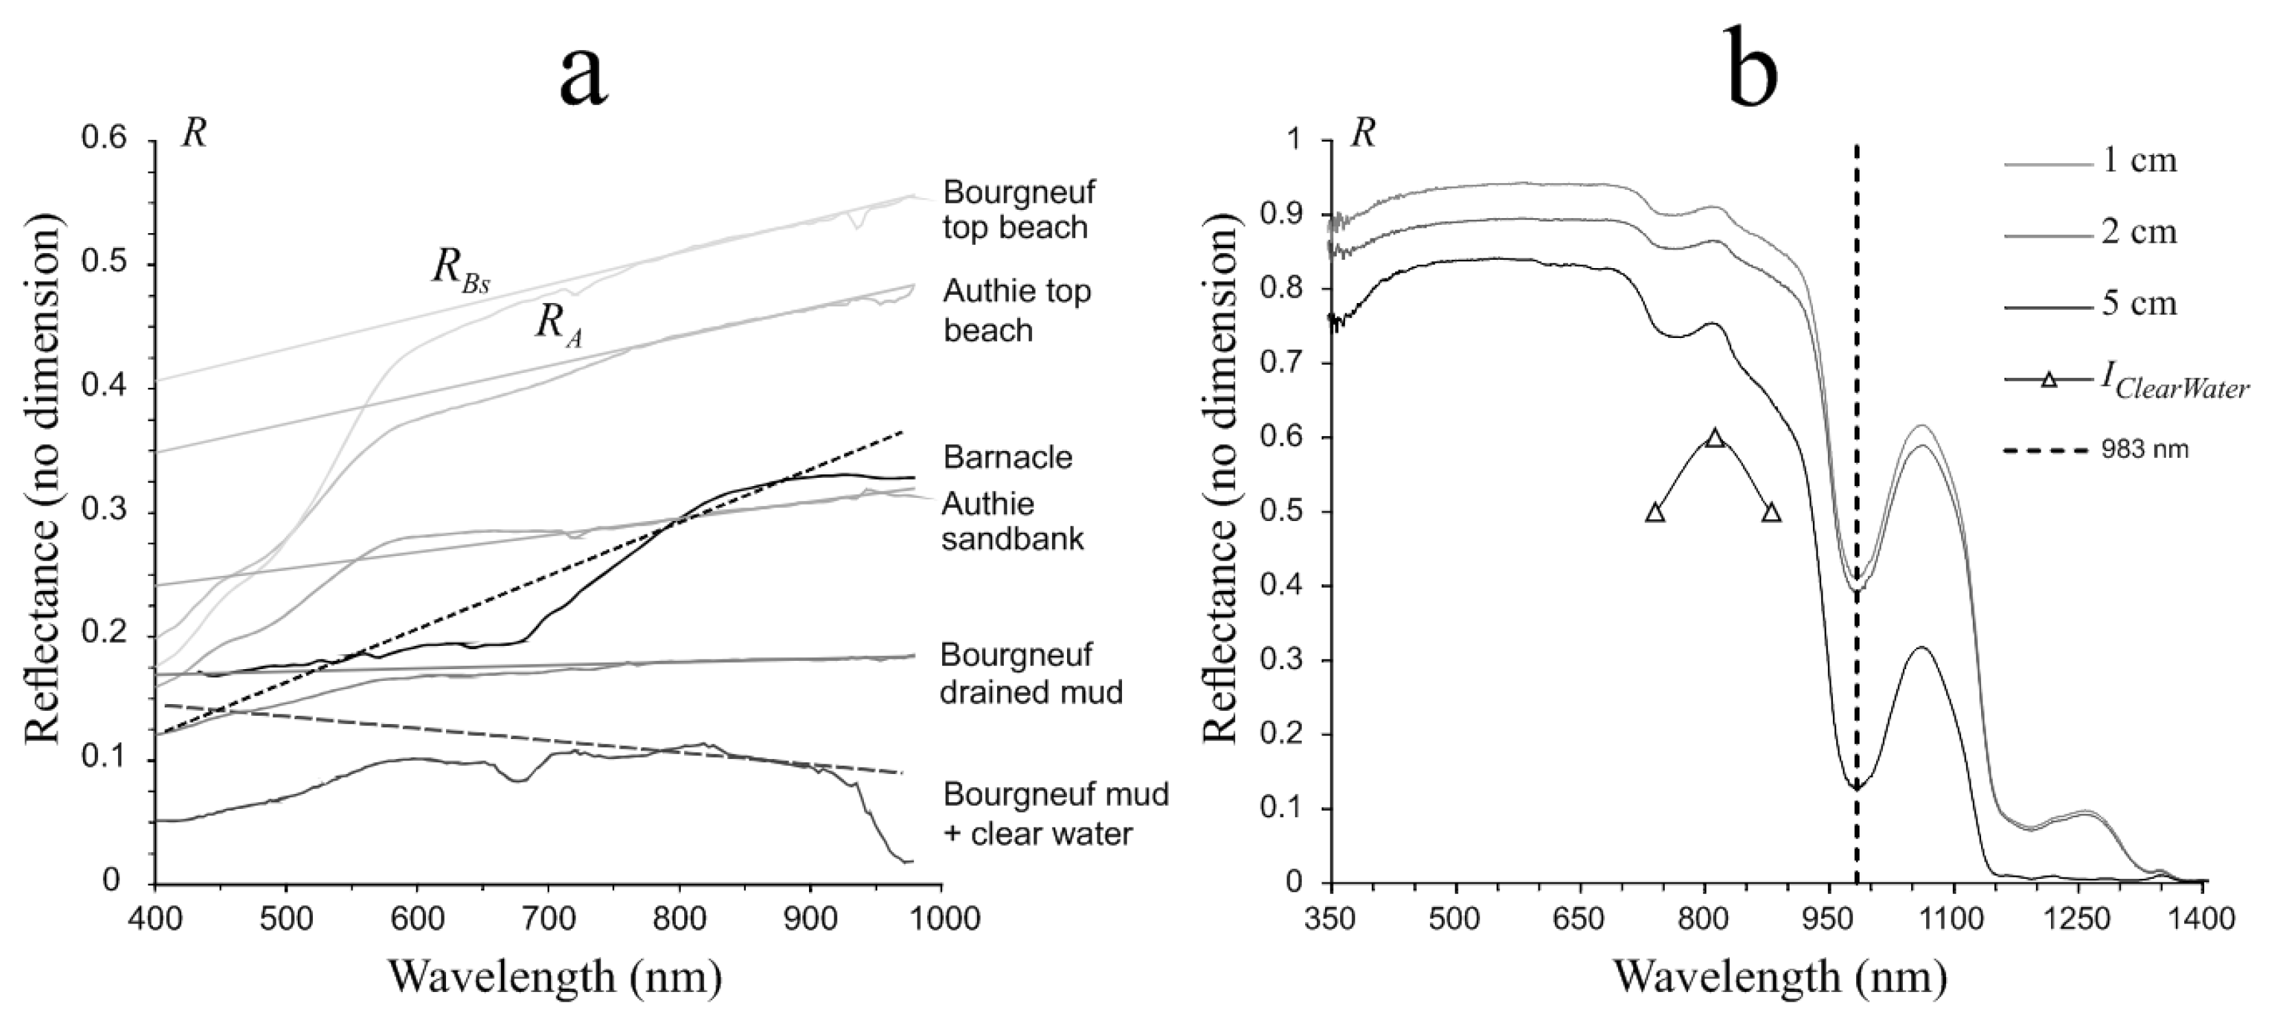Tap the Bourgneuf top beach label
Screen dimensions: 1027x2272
[x=1019, y=210]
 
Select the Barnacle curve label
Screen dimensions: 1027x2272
[x=1008, y=457]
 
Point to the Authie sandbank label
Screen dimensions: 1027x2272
[x=1011, y=521]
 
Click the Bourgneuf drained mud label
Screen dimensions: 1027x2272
[x=1030, y=673]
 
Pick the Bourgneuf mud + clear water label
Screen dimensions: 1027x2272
[x=1055, y=813]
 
